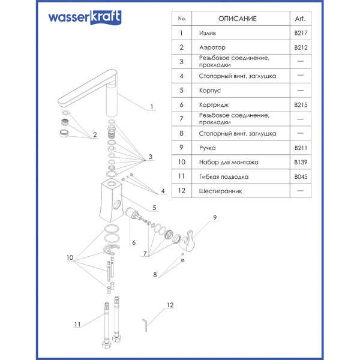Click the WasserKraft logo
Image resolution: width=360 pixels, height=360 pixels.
[x=85, y=19]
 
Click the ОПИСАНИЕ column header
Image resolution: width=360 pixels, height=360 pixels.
[x=237, y=19]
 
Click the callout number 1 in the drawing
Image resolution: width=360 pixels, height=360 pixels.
[x=152, y=107]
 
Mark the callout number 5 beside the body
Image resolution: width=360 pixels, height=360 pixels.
[x=154, y=208]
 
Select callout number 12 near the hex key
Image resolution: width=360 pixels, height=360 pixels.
[x=170, y=305]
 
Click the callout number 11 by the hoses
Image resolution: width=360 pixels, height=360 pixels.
[x=77, y=325]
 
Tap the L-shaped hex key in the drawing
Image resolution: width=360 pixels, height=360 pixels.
[x=145, y=323]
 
